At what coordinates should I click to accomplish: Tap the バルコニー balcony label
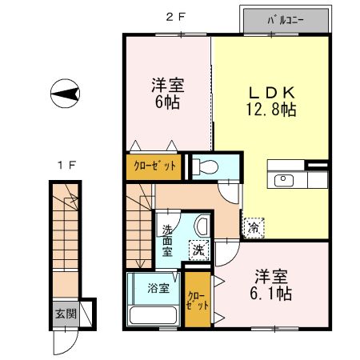[285, 21]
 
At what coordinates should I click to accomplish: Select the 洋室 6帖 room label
[166, 93]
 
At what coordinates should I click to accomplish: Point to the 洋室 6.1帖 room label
[270, 285]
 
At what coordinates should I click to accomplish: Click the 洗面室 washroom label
[167, 241]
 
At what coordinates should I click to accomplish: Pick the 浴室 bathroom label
[158, 288]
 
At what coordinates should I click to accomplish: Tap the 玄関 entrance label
[66, 314]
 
